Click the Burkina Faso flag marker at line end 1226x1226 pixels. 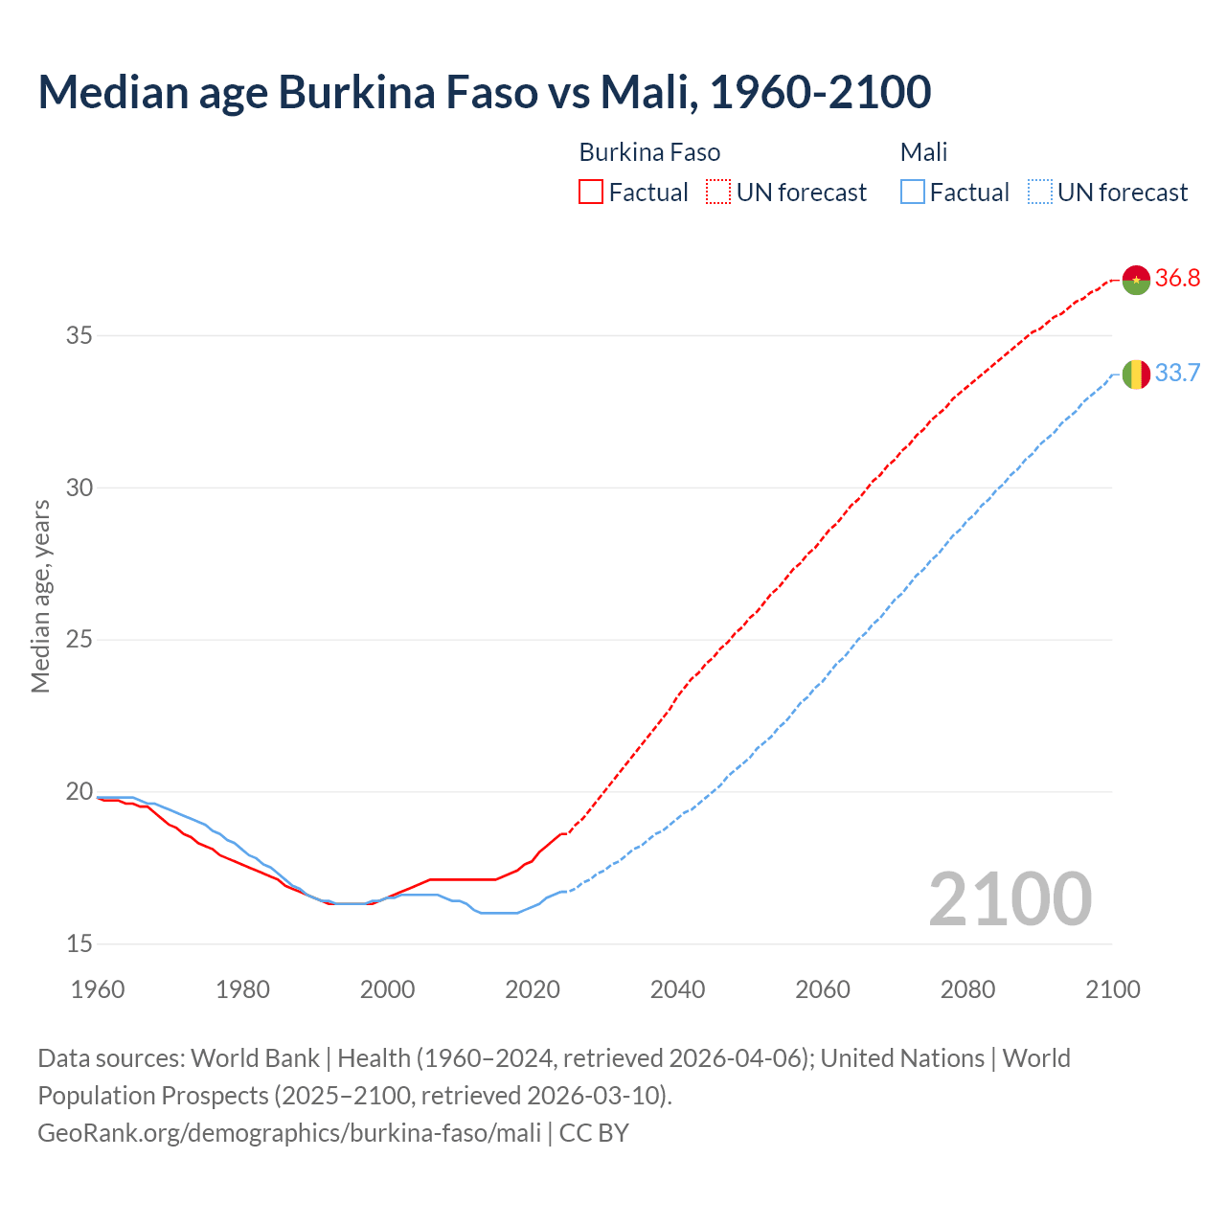pos(1136,280)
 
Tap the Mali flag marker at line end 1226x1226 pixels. pos(1136,375)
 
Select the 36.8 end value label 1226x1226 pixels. pos(1177,279)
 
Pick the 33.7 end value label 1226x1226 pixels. pos(1177,373)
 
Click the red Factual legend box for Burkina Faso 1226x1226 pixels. pos(591,193)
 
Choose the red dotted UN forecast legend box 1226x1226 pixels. pos(718,193)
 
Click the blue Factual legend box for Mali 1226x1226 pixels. pos(913,193)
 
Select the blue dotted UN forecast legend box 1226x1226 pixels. pos(1039,193)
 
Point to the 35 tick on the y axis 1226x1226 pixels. pos(79,336)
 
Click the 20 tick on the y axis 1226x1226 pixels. pos(79,792)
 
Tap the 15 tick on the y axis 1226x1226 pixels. pos(79,944)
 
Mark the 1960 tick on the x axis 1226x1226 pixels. pos(98,989)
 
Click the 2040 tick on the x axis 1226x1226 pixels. pos(677,989)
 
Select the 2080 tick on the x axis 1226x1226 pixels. pos(967,989)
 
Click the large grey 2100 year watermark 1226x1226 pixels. pos(1010,898)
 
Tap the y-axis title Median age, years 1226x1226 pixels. pos(40,596)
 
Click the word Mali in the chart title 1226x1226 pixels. pos(643,92)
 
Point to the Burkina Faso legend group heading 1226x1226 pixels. pos(649,152)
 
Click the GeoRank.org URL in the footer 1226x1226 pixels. pos(289,1133)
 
